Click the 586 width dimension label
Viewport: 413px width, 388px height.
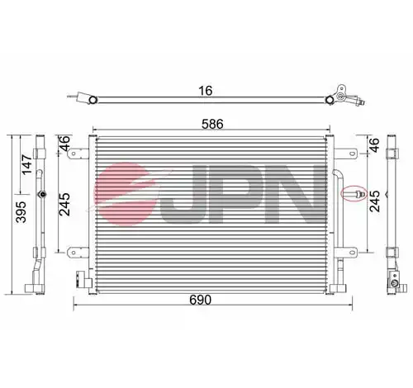point(212,124)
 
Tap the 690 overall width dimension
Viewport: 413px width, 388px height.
point(200,300)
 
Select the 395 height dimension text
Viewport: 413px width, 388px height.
point(21,211)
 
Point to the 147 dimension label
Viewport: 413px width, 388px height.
point(27,164)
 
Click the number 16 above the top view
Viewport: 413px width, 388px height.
point(206,91)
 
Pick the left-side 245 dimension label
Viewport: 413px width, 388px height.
point(65,204)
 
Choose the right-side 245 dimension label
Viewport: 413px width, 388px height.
point(374,201)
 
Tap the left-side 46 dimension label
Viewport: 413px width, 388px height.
point(65,143)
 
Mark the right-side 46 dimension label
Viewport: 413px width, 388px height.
point(374,144)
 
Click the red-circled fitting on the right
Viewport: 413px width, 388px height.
point(354,193)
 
